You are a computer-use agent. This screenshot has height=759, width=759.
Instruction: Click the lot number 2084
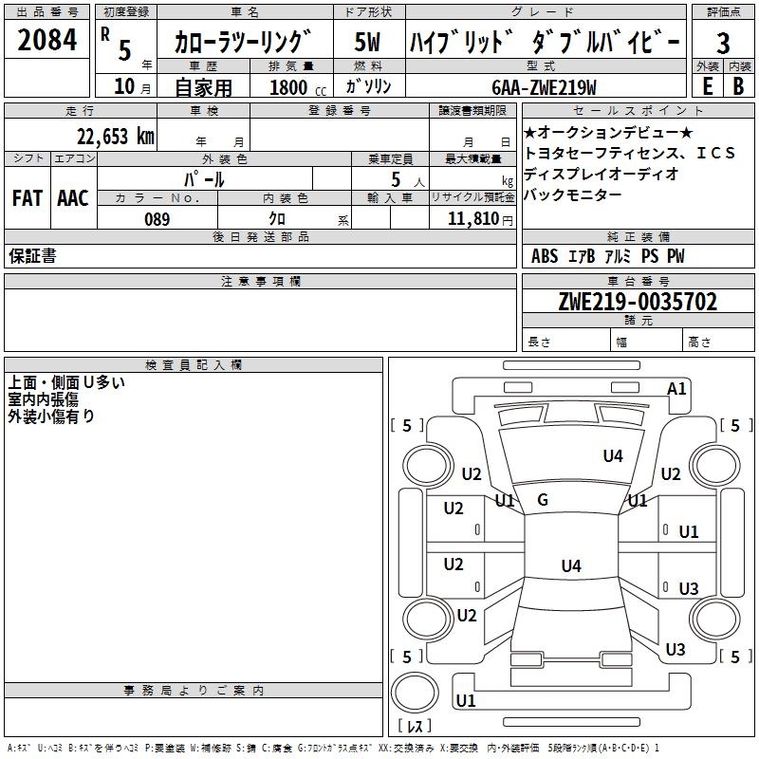coord(48,43)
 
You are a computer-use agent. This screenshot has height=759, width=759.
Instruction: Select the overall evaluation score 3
coord(723,44)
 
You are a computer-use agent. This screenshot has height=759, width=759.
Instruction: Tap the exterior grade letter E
coord(707,85)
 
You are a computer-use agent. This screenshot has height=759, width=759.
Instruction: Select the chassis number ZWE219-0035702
coord(638,302)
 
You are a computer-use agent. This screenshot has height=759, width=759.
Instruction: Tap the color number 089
coord(157,219)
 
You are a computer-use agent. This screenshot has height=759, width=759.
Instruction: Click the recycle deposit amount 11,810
coord(472,219)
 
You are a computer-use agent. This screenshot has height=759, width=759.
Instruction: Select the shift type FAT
coord(28,198)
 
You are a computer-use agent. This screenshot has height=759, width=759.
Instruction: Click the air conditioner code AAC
coord(72,198)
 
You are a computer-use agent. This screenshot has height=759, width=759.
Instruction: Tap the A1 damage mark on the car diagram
coord(676,388)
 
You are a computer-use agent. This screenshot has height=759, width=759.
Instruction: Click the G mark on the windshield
coord(543,500)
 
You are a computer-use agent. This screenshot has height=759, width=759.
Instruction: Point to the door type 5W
coord(367,43)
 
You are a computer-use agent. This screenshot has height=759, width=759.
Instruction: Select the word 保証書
coord(32,256)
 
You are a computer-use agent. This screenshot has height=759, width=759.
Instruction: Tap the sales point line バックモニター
coord(573,194)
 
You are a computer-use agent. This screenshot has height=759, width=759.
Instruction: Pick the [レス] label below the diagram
coord(415,727)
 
